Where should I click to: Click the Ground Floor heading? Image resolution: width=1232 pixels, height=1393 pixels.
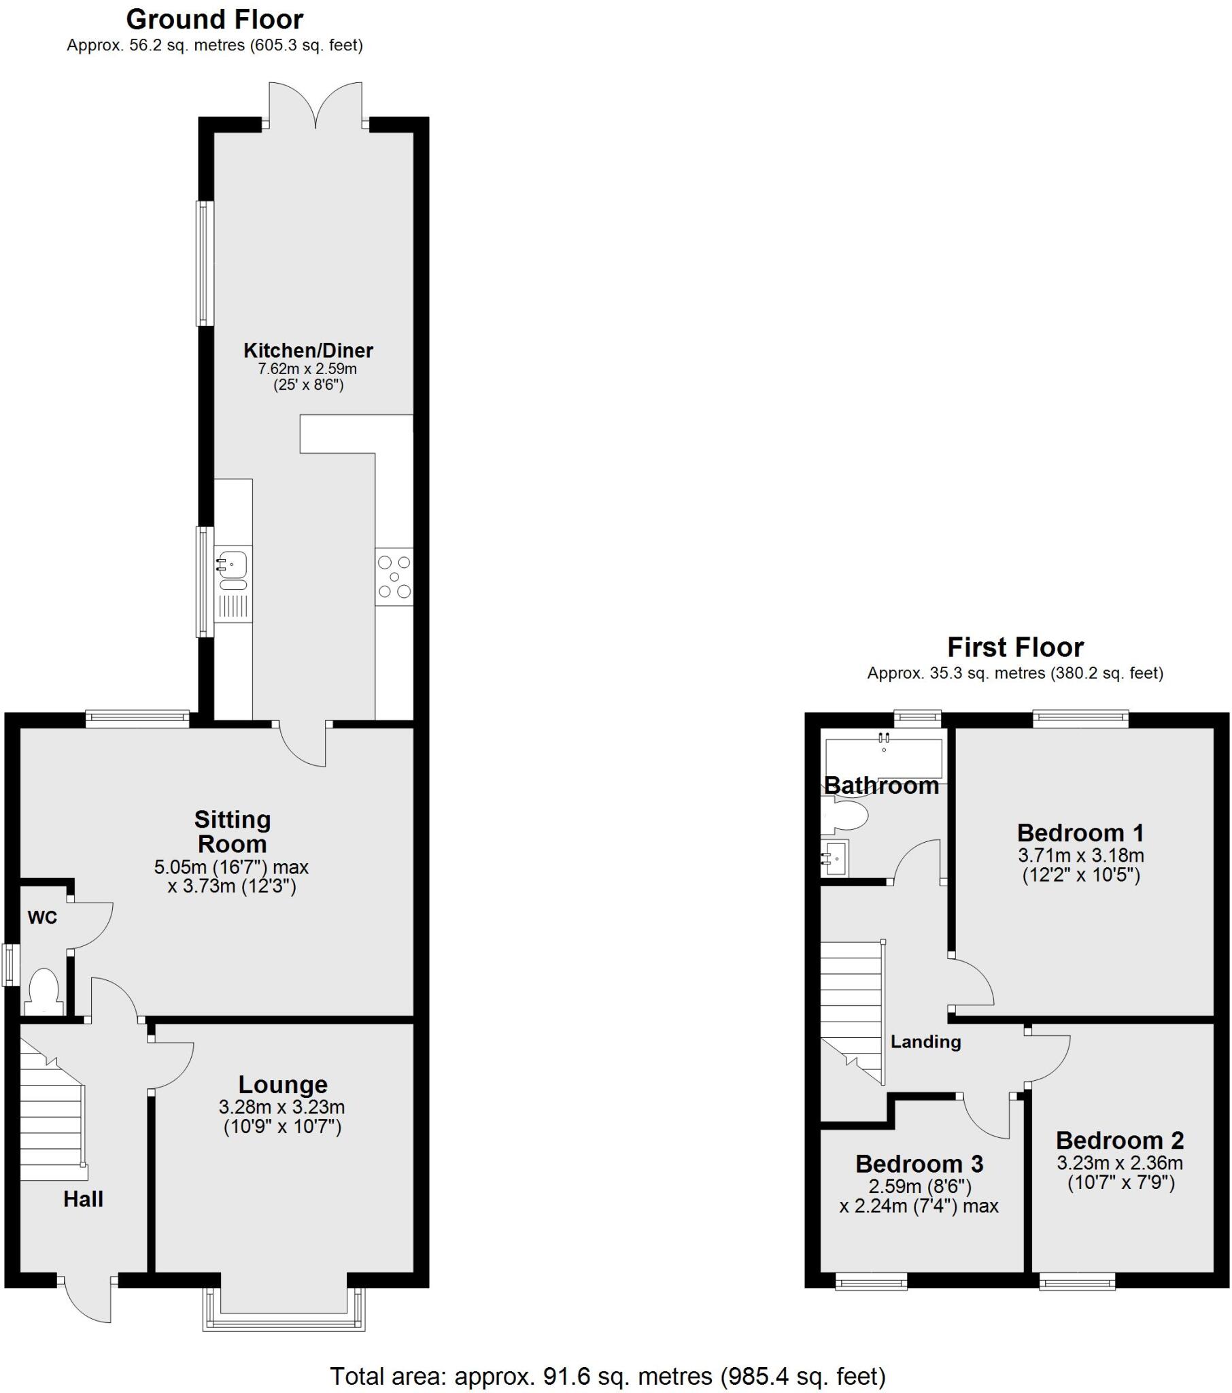214,20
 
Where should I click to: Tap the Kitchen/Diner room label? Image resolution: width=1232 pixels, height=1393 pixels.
308,350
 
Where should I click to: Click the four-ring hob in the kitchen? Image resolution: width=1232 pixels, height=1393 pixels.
394,577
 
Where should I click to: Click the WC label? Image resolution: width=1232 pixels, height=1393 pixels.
42,918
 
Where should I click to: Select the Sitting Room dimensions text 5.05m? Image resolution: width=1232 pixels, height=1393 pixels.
231,867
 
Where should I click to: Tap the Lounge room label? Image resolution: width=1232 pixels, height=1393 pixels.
283,1084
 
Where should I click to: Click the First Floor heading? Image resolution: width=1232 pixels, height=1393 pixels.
1014,647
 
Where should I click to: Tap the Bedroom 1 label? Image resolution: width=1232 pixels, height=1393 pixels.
1080,832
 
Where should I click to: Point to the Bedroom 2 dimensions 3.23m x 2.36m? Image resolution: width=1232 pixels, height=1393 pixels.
1120,1162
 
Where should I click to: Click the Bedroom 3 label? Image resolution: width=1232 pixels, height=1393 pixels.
919,1164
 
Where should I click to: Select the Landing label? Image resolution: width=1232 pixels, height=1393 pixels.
925,1041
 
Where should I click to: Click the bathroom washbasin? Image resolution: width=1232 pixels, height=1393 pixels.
835,857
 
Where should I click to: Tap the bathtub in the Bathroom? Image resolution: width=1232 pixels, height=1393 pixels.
883,757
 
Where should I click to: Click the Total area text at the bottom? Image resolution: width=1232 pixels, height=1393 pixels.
607,1376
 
